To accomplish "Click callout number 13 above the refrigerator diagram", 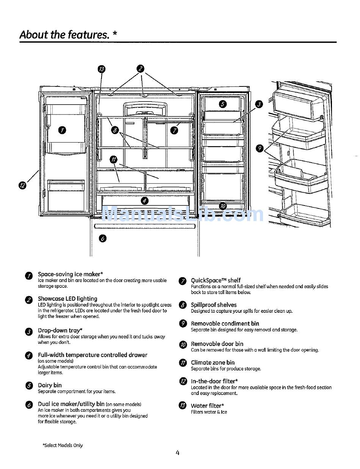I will pyautogui.click(x=102, y=69).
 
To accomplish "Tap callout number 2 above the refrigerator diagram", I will pyautogui.click(x=140, y=69).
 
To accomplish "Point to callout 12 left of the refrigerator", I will pyautogui.click(x=22, y=185).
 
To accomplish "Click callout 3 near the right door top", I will pyautogui.click(x=258, y=104).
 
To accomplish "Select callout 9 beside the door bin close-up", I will pyautogui.click(x=260, y=148).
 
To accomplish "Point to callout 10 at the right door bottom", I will pyautogui.click(x=223, y=206).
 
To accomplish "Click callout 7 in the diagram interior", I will pyautogui.click(x=174, y=130).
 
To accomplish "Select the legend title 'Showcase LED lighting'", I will pyautogui.click(x=67, y=299).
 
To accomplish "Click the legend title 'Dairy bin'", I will pyautogui.click(x=50, y=385).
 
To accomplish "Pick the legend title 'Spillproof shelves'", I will pyautogui.click(x=214, y=305).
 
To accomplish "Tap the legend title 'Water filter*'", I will pyautogui.click(x=207, y=406).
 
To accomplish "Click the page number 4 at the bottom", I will pyautogui.click(x=177, y=452).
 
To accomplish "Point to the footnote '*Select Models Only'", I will pyautogui.click(x=63, y=445).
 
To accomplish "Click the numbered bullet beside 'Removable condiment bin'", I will pyautogui.click(x=183, y=324).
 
